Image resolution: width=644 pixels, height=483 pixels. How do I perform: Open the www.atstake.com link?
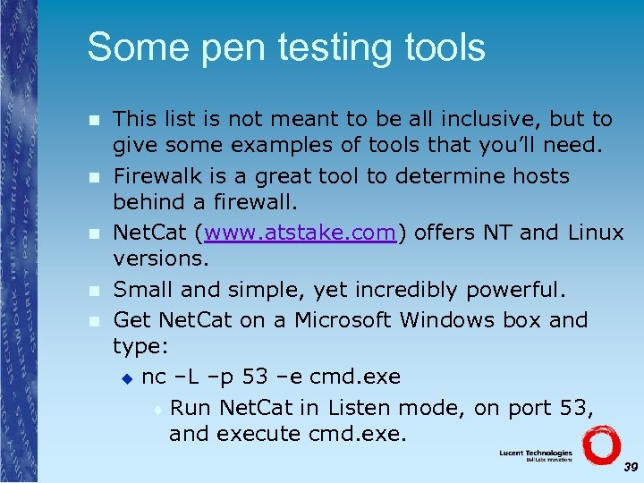300,233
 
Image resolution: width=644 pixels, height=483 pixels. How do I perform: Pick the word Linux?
595,233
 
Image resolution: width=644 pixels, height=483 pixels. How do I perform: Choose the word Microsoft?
352,319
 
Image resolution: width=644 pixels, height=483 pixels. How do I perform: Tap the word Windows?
459,319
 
